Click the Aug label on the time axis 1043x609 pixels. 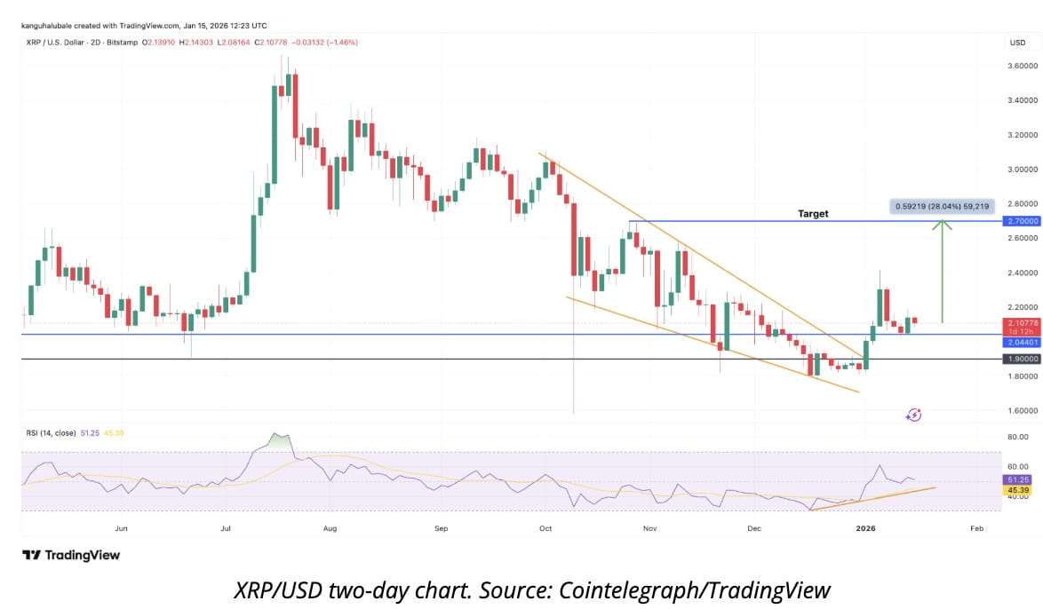[x=330, y=528]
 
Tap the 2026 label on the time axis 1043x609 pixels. [x=865, y=528]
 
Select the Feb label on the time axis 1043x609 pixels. [x=976, y=528]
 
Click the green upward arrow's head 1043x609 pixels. [x=943, y=224]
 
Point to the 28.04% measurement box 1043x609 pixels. [x=940, y=206]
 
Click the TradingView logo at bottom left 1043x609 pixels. [x=71, y=555]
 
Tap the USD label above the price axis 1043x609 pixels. [x=1017, y=43]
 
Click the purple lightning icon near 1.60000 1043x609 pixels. [x=913, y=415]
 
